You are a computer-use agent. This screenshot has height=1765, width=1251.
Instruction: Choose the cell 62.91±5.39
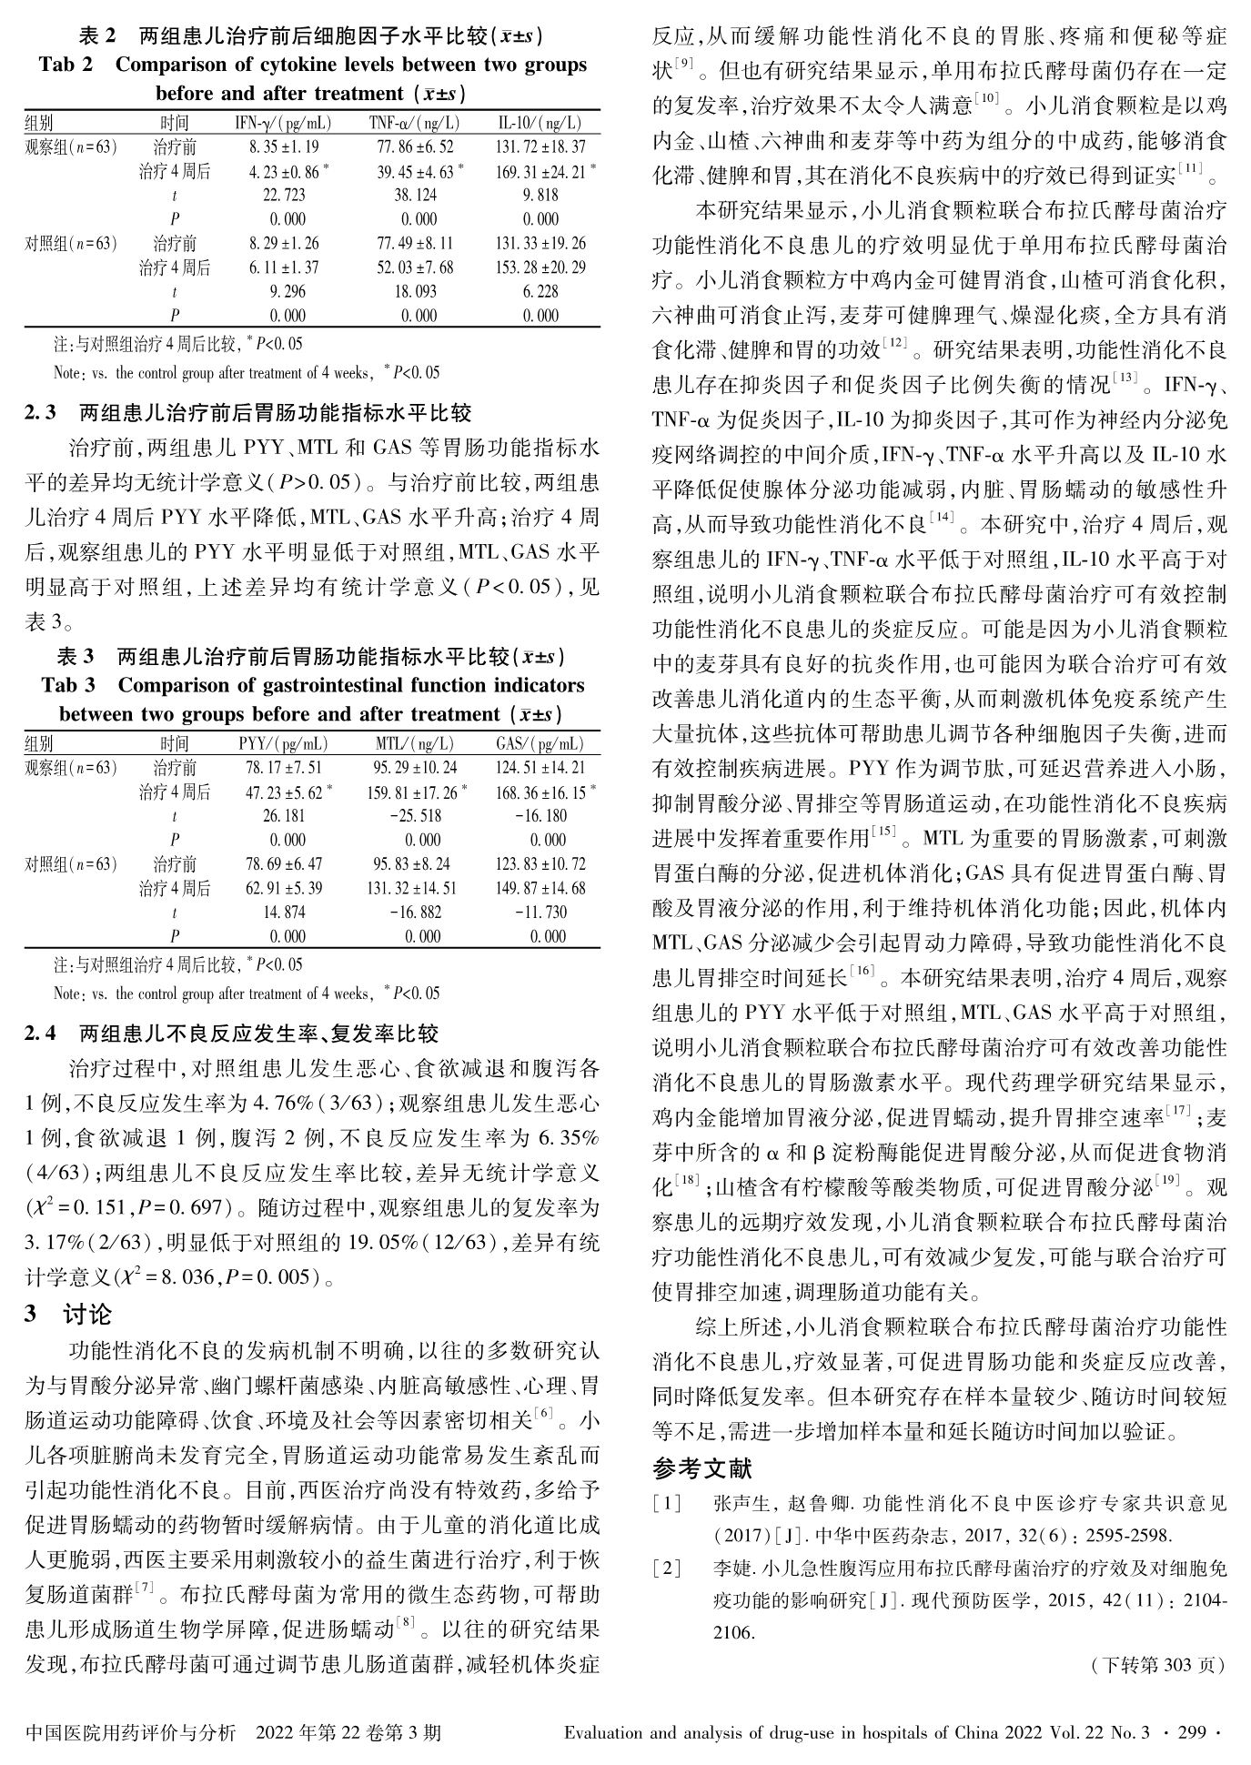click(283, 888)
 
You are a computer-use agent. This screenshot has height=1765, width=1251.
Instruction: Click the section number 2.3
click(41, 413)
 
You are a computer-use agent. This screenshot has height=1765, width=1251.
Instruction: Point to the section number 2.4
click(41, 1034)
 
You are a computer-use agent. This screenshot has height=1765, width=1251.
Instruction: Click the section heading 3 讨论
click(69, 1314)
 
